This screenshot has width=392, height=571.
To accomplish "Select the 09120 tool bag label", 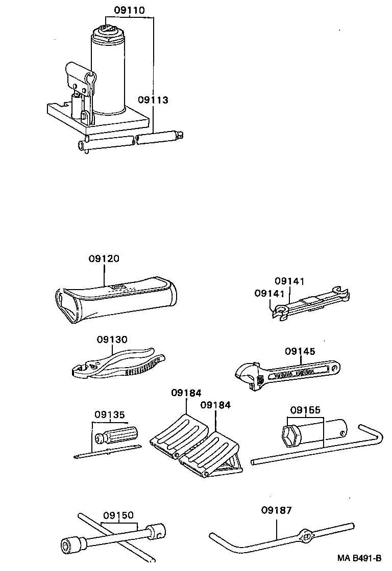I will [x=104, y=259].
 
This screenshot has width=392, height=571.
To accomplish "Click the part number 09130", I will [x=112, y=340].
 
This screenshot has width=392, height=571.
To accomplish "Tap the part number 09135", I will [x=109, y=414].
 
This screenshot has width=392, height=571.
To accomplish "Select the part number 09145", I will [x=300, y=351].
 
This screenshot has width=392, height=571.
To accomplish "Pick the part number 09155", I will [x=305, y=409].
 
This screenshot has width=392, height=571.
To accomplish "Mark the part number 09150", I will [x=118, y=515].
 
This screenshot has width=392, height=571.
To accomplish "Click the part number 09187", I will [x=276, y=510].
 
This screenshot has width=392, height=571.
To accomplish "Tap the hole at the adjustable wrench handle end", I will [x=335, y=367].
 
